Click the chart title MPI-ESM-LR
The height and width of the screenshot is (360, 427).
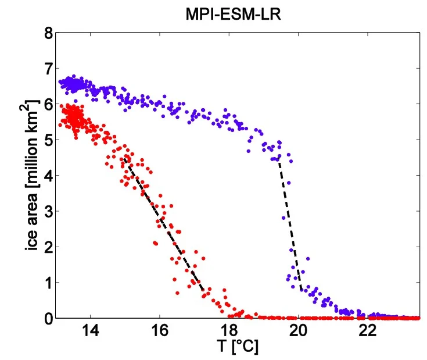click(x=233, y=15)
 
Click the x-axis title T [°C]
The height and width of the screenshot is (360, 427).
click(x=238, y=346)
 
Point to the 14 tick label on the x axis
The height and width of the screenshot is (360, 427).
click(x=90, y=330)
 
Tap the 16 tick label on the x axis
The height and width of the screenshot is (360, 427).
click(x=160, y=330)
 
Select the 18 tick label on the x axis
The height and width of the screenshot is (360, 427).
click(x=229, y=330)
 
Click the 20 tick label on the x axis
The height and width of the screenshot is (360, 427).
click(x=298, y=330)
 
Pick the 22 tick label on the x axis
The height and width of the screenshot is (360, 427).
click(x=368, y=330)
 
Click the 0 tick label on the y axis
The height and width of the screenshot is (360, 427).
click(x=49, y=318)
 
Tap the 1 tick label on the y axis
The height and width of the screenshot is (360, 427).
click(x=49, y=283)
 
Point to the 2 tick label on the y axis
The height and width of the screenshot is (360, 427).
click(x=49, y=247)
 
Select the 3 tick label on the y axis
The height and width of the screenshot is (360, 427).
click(x=49, y=211)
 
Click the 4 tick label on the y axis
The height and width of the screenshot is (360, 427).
click(x=49, y=176)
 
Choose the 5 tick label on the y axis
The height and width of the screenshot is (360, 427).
click(x=49, y=140)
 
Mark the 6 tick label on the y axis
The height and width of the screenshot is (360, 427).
click(x=49, y=104)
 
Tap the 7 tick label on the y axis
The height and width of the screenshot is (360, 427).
click(x=49, y=69)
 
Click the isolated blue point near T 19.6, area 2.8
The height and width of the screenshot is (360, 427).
click(x=284, y=218)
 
